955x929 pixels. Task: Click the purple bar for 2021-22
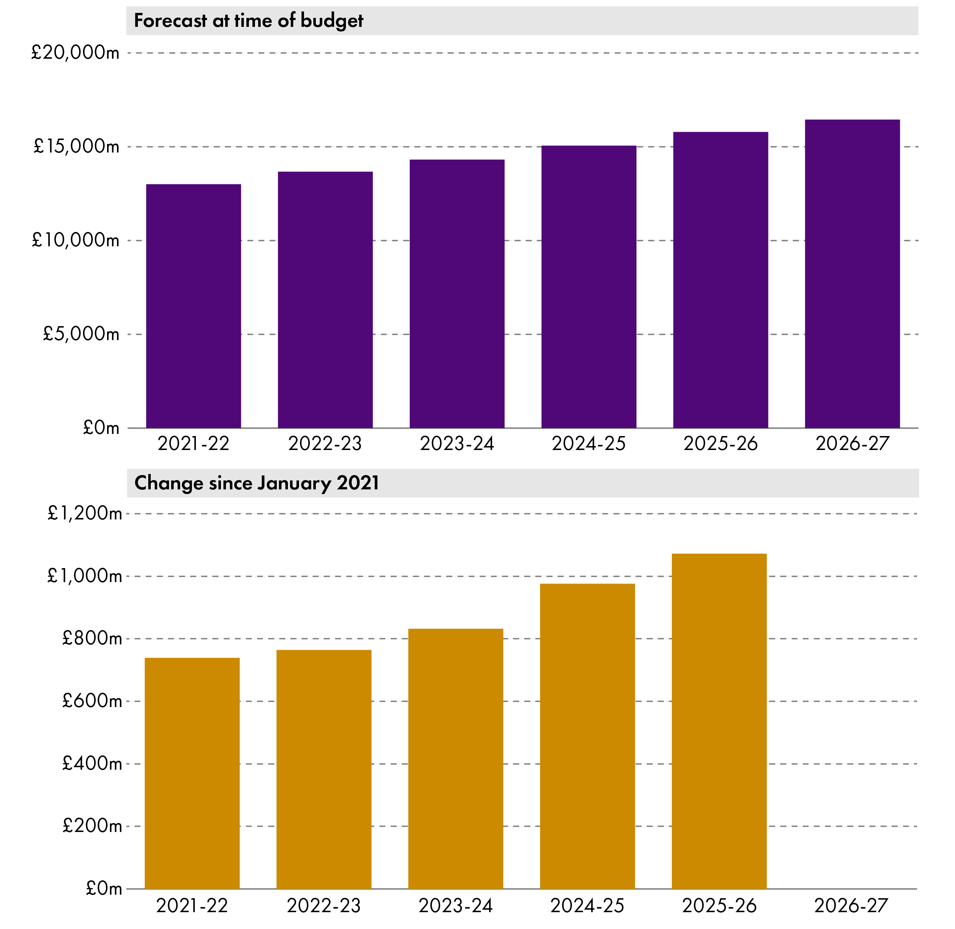(193, 306)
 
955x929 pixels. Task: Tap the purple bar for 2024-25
(589, 287)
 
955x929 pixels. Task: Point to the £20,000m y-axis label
(75, 52)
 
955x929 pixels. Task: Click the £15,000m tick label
(76, 146)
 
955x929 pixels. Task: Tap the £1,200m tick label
(85, 513)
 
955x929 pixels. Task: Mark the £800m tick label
(92, 638)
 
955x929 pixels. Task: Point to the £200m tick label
(92, 826)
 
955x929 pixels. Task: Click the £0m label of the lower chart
(103, 889)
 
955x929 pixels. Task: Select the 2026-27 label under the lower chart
(850, 906)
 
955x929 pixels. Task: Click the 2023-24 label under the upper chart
(457, 444)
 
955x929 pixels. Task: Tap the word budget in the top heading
(332, 21)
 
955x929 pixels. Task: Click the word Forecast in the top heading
(170, 21)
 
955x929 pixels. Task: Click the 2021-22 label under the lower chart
(192, 906)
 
